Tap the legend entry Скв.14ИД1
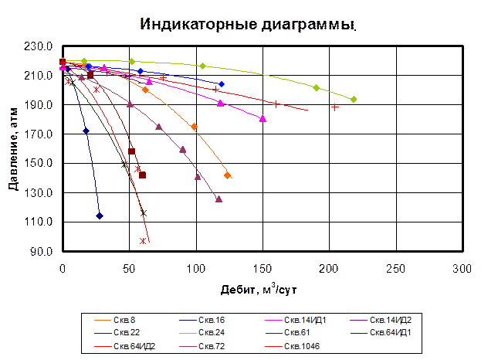pyautogui.click(x=301, y=320)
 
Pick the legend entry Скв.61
pyautogui.click(x=296, y=333)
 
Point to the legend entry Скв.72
pyautogui.click(x=211, y=346)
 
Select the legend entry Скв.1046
pyautogui.click(x=301, y=346)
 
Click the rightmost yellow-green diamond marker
pyautogui.click(x=354, y=100)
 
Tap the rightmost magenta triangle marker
pyautogui.click(x=263, y=118)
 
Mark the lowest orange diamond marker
pyautogui.click(x=228, y=176)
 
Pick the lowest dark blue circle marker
pyautogui.click(x=100, y=216)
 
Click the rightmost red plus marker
pyautogui.click(x=334, y=107)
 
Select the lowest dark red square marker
pyautogui.click(x=143, y=175)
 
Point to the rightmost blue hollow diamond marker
pyautogui.click(x=222, y=83)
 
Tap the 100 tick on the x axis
pyautogui.click(x=195, y=268)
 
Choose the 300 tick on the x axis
pyautogui.click(x=461, y=268)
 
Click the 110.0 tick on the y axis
pyautogui.click(x=43, y=222)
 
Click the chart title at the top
pyautogui.click(x=249, y=25)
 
